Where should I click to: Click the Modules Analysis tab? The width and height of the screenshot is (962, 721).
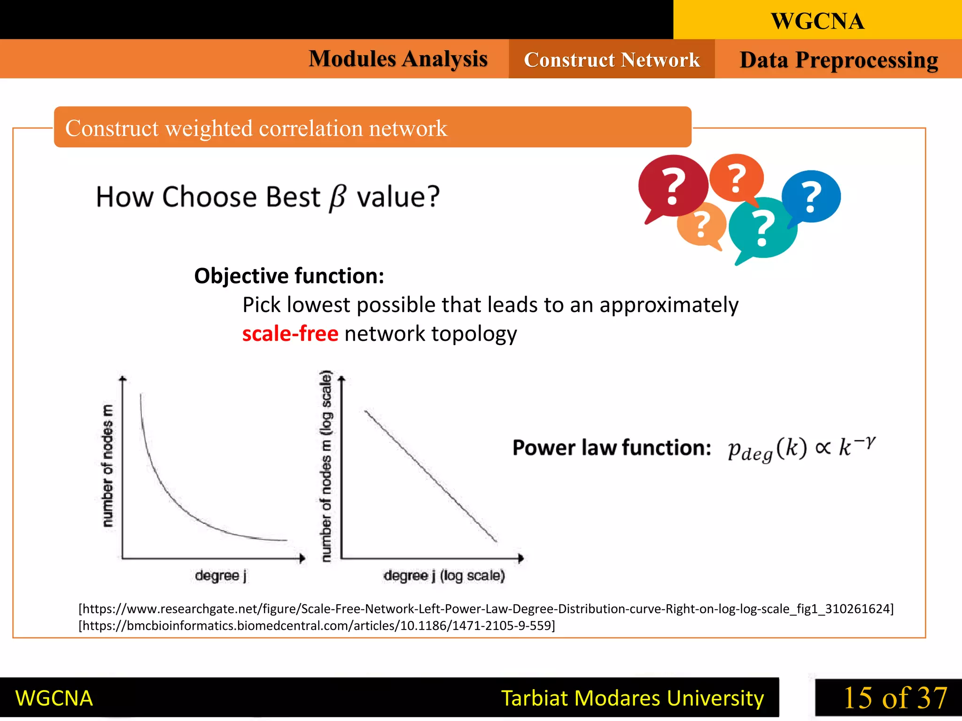(398, 59)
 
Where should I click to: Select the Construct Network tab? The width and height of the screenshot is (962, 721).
(612, 60)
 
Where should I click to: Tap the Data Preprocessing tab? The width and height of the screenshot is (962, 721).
(838, 60)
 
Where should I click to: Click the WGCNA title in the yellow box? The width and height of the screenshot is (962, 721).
(817, 21)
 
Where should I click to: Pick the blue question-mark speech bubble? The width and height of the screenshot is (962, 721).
(811, 196)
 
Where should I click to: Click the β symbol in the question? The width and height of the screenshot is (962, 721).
(338, 198)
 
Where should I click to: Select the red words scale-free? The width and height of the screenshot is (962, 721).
(290, 334)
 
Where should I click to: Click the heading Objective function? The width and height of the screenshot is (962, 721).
(289, 276)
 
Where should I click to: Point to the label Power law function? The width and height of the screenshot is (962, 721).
(612, 447)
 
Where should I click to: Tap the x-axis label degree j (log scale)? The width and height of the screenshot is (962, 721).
(444, 575)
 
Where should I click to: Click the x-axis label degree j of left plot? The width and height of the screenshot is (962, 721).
(221, 575)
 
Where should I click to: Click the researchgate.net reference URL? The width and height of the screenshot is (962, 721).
(486, 609)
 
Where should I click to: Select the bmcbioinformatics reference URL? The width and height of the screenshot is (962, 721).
(317, 626)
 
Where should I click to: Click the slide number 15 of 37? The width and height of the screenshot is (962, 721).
(895, 698)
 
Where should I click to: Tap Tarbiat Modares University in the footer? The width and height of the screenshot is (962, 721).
(632, 698)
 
